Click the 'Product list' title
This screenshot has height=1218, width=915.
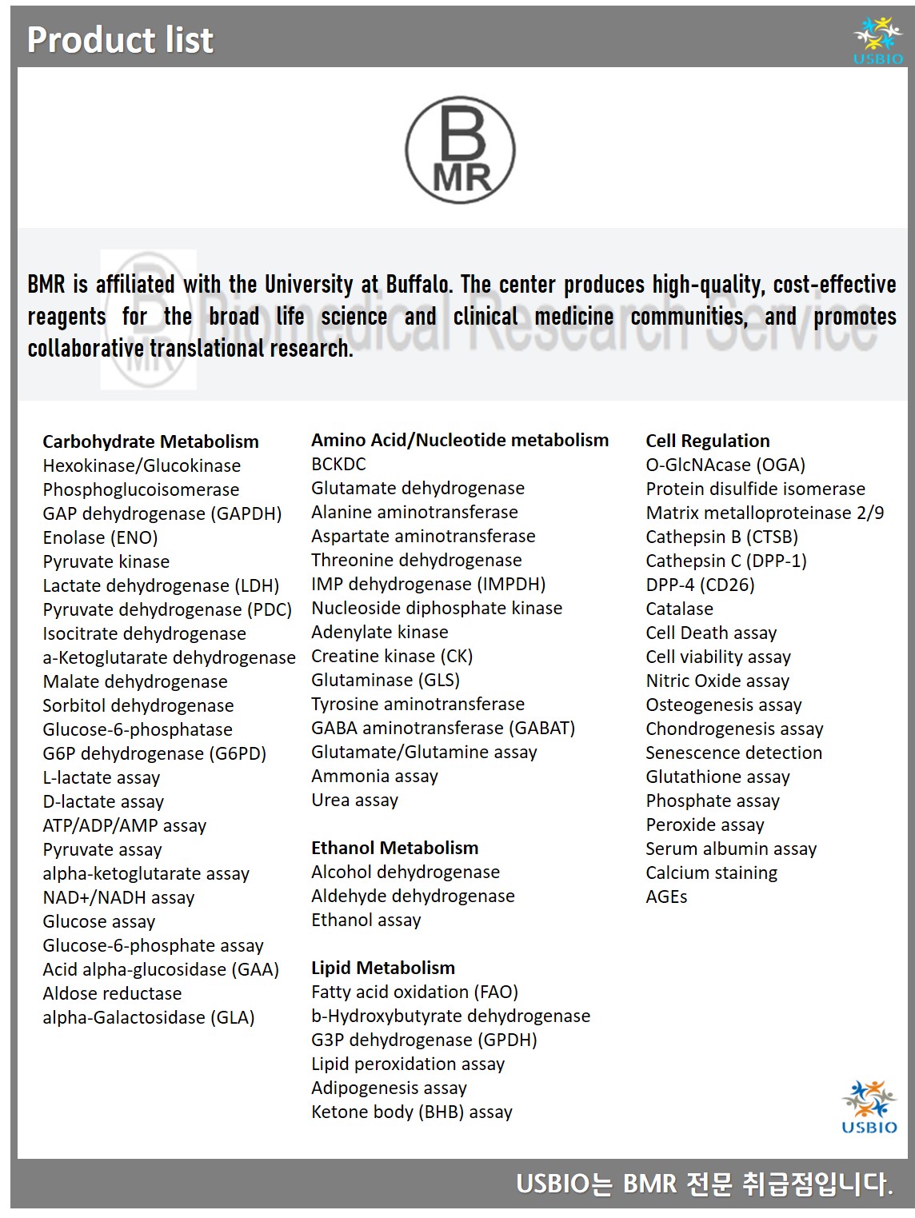point(120,40)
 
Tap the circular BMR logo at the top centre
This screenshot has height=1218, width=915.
point(460,150)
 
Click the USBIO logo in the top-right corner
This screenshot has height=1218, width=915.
point(877,40)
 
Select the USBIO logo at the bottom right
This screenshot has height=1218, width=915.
point(869,1107)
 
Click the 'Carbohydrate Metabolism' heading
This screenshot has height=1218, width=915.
point(150,441)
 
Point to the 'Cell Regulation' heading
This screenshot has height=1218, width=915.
point(708,441)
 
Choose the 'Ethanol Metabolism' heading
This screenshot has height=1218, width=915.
point(394,848)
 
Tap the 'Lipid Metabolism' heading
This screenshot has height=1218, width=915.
point(382,968)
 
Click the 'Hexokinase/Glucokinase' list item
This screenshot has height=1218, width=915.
point(142,465)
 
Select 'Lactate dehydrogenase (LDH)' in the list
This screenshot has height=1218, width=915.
point(161,585)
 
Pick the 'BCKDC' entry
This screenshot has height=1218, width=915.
point(338,464)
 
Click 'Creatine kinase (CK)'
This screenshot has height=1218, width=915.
point(392,656)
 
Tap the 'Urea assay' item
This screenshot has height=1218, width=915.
point(354,800)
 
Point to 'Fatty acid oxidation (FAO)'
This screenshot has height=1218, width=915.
point(414,992)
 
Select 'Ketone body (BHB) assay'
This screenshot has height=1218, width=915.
point(411,1112)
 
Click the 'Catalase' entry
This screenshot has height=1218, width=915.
point(679,609)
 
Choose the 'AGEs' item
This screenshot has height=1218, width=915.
point(666,897)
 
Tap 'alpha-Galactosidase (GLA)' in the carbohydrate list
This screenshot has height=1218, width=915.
point(149,1017)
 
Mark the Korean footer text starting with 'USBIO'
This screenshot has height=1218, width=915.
point(704,1184)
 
